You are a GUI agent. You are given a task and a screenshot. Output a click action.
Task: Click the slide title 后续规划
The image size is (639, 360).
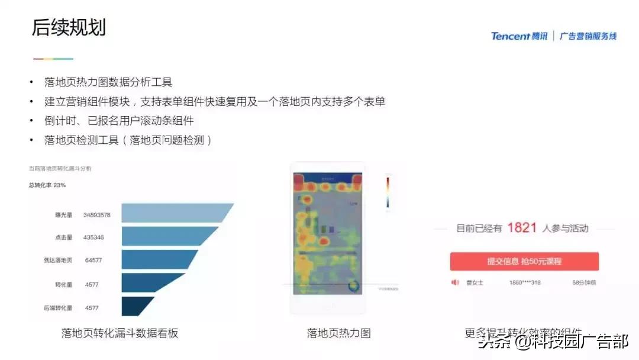pos(69,27)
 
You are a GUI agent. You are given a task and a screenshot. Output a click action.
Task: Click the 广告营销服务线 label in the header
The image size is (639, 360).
pos(588,36)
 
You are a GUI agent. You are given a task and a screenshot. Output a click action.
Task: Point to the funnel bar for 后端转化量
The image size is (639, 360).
pos(136,307)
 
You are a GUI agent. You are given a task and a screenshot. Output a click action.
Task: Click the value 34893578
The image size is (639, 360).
pos(97,214)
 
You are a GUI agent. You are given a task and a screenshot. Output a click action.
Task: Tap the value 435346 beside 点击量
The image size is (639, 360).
pos(93,237)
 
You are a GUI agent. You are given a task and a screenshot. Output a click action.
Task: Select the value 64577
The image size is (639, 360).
pos(93,261)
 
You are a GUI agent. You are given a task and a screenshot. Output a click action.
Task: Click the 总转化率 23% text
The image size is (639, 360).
pos(47,185)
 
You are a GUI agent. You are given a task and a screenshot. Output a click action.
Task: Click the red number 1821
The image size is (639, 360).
pos(522,228)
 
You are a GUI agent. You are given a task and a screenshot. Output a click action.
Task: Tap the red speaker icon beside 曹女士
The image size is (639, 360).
pos(455,282)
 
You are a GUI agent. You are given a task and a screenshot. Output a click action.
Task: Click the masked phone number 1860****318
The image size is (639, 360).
pos(525,283)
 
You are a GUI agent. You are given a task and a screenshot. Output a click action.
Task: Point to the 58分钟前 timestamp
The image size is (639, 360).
pos(585,283)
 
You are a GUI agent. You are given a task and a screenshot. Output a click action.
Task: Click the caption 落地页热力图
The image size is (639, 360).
pos(338,333)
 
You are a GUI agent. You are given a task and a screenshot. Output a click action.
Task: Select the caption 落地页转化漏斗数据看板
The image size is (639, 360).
pos(120,333)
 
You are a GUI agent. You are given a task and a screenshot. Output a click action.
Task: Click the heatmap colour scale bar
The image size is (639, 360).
pos(388,192)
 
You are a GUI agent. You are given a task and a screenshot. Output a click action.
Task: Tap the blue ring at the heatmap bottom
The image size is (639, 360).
pos(354,287)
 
